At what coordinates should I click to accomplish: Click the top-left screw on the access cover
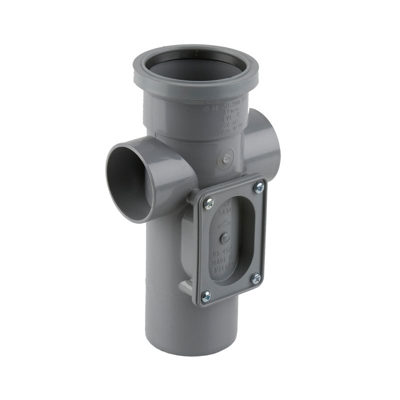coord(209,202)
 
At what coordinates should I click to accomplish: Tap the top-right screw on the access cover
coord(258,187)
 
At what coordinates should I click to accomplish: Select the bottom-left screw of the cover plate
coord(205,296)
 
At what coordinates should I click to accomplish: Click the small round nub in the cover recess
coord(225,238)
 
